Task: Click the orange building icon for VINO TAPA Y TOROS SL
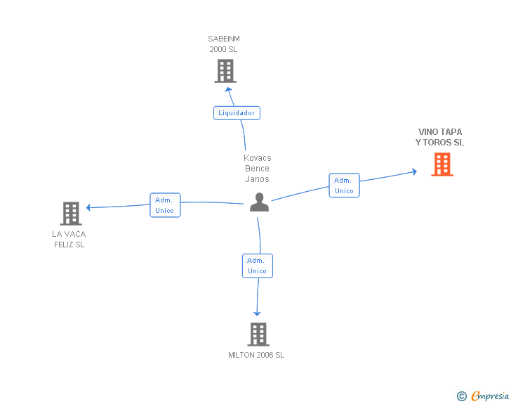[x=442, y=164]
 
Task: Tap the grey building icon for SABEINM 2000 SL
[x=225, y=71]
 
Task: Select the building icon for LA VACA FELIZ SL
[x=71, y=214]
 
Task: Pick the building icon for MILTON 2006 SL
[x=258, y=334]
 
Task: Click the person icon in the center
[x=259, y=202]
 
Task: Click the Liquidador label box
[x=237, y=112]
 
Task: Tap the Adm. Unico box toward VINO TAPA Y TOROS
[x=344, y=185]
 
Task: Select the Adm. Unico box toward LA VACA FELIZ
[x=165, y=205]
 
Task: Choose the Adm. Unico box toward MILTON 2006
[x=257, y=266]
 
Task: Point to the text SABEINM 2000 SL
[x=224, y=44]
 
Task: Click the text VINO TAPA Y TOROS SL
[x=440, y=137]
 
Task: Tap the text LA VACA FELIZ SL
[x=69, y=239]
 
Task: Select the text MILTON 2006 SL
[x=256, y=355]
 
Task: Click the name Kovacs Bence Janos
[x=258, y=168]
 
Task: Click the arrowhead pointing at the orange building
[x=415, y=171]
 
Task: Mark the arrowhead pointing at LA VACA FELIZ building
[x=88, y=207]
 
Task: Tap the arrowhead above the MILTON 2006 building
[x=258, y=313]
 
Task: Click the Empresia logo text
[x=490, y=396]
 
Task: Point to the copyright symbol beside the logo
[x=461, y=396]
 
